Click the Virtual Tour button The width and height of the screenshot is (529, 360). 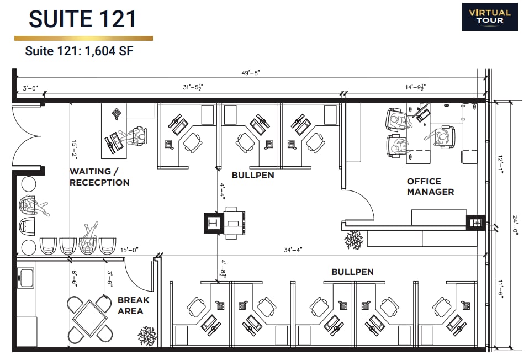point(489,17)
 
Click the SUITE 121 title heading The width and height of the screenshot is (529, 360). point(82,19)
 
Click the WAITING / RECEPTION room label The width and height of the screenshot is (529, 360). point(99,177)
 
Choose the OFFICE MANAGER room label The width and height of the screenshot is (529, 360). point(430,187)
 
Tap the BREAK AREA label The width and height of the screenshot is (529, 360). point(133,305)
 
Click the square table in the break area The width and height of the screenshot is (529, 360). point(91,319)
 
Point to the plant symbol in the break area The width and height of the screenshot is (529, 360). point(147,335)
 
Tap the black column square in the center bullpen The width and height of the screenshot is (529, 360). point(213,223)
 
